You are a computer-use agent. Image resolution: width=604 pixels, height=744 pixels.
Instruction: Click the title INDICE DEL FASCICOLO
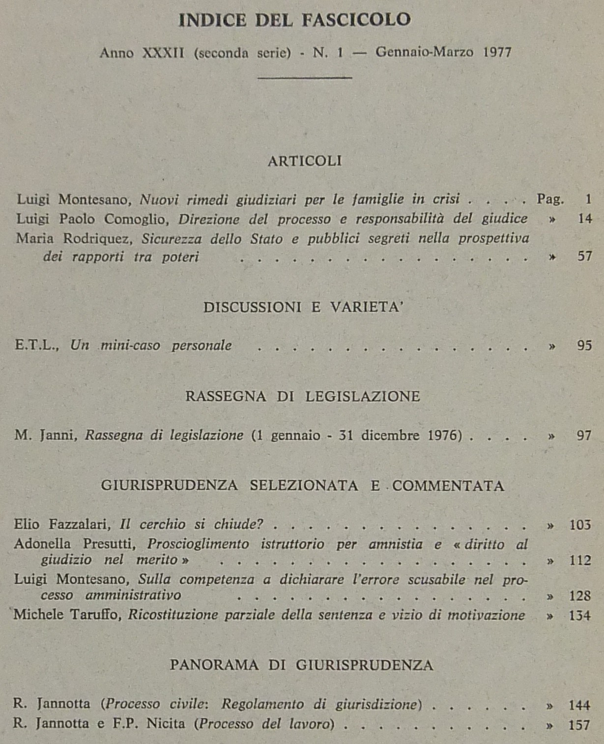(295, 20)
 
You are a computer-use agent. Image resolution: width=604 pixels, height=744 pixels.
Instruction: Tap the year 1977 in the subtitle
(497, 52)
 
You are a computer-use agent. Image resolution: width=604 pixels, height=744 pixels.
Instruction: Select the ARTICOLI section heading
(305, 161)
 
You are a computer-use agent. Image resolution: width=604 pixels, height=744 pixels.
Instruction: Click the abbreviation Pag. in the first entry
(550, 199)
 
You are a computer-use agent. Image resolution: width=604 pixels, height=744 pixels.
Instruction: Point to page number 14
(585, 219)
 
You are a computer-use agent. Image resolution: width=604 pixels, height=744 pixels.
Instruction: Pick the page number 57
(584, 256)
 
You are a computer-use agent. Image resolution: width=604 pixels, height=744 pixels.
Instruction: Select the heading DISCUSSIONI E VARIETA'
(303, 307)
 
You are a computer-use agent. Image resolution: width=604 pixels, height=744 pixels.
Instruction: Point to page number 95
(584, 345)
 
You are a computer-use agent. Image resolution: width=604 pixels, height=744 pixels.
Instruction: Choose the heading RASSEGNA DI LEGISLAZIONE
(303, 396)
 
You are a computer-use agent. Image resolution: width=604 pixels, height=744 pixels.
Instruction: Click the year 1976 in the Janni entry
(444, 435)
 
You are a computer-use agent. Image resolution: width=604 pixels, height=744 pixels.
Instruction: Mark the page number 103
(580, 525)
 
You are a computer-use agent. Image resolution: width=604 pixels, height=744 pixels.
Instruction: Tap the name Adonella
(42, 544)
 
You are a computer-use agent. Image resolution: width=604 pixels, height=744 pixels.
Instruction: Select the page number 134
(579, 615)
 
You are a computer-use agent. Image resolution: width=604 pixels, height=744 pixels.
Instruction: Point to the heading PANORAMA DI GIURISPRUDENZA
(302, 665)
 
